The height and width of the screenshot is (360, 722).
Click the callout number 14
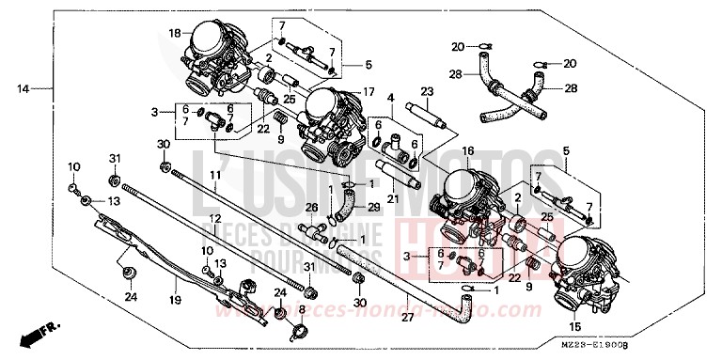coord(23,89)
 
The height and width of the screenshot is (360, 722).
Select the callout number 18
coord(174,33)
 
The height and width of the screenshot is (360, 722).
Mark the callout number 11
coord(215,175)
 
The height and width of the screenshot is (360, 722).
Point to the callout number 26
coord(312,208)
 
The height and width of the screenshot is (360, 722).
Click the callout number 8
coord(301,308)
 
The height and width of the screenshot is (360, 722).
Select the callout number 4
coord(390,97)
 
